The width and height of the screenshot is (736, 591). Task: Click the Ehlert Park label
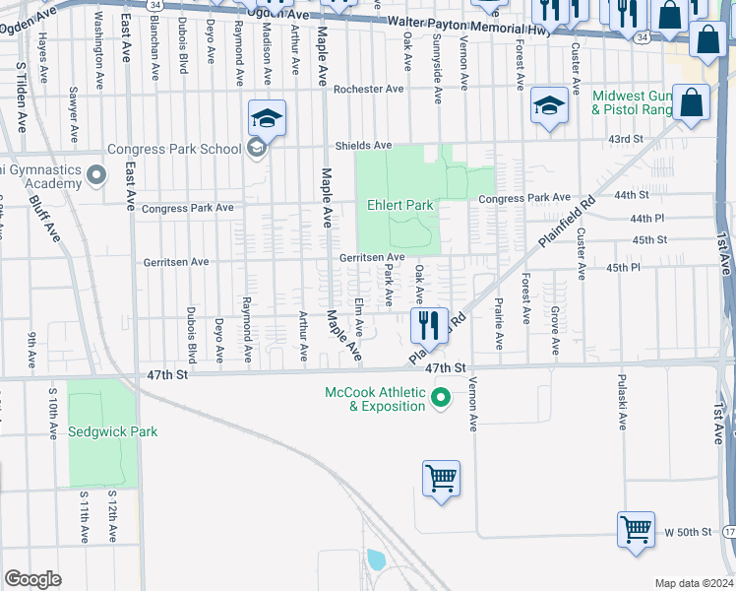tap(400, 205)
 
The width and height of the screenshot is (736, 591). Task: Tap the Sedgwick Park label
tap(113, 431)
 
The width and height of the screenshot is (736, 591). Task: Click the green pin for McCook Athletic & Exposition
tap(442, 398)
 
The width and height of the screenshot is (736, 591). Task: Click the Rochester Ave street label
tap(369, 89)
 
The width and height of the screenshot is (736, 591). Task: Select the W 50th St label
tap(688, 532)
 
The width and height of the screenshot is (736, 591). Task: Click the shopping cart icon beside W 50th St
tap(636, 528)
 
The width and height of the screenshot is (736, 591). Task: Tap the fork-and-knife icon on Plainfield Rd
tap(428, 323)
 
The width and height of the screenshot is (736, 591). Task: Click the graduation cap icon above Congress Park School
tap(266, 119)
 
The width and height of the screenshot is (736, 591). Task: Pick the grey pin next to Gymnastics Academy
tap(95, 176)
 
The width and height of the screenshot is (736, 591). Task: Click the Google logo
tap(32, 579)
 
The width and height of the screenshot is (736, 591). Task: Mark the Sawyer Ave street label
tap(73, 114)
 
